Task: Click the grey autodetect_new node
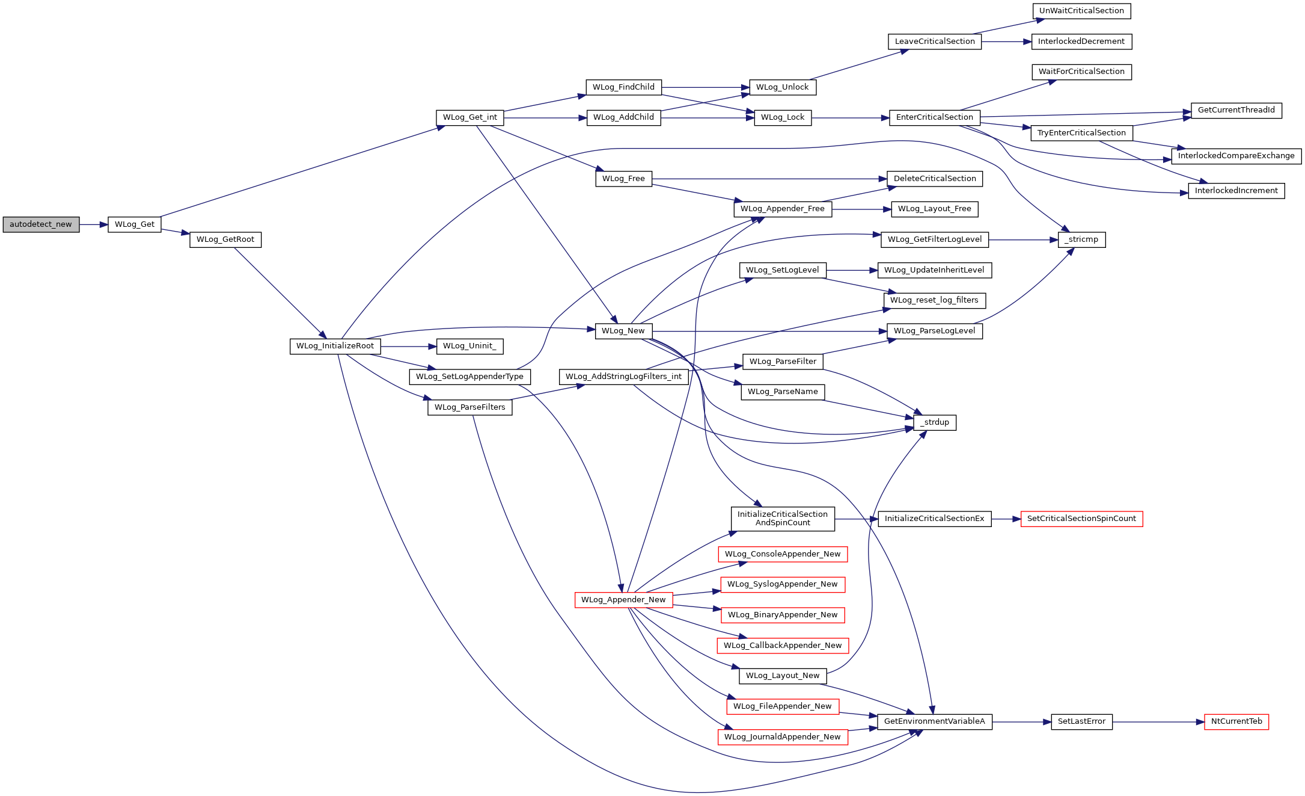pyautogui.click(x=41, y=224)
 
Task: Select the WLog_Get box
pyautogui.click(x=135, y=224)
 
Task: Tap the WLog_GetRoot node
pyautogui.click(x=225, y=239)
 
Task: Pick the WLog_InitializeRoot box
pyautogui.click(x=335, y=346)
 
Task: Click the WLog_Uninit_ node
pyautogui.click(x=469, y=346)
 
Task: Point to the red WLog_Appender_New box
pyautogui.click(x=623, y=600)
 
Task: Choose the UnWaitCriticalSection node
pyautogui.click(x=1081, y=11)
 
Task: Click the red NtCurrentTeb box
pyautogui.click(x=1236, y=721)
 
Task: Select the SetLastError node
pyautogui.click(x=1081, y=721)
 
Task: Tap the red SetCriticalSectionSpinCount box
pyautogui.click(x=1081, y=519)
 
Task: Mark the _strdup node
pyautogui.click(x=935, y=422)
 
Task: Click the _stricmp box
pyautogui.click(x=1081, y=239)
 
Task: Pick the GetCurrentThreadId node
pyautogui.click(x=1236, y=110)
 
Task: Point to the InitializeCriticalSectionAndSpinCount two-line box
pyautogui.click(x=783, y=519)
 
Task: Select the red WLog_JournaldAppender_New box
pyautogui.click(x=783, y=737)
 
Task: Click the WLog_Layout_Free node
pyautogui.click(x=935, y=209)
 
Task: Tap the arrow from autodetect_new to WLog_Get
pyautogui.click(x=94, y=224)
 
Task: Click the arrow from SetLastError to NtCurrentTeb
pyautogui.click(x=1158, y=721)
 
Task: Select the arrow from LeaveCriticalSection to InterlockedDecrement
pyautogui.click(x=1007, y=42)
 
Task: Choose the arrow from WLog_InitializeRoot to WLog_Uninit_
pyautogui.click(x=408, y=346)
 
